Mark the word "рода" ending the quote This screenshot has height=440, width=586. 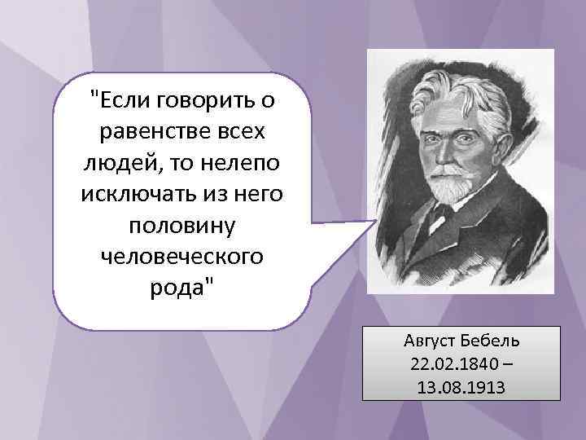tap(182, 289)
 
